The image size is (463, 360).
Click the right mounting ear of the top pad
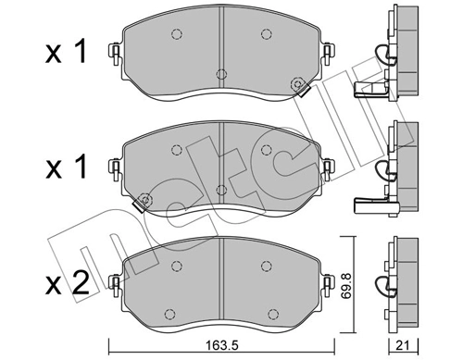click(x=327, y=53)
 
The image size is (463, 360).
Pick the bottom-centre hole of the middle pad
click(x=219, y=190)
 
